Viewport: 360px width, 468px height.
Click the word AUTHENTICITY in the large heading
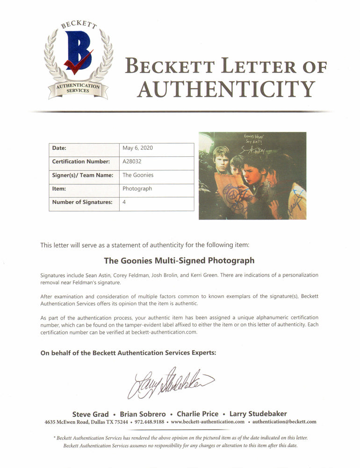coord(226,89)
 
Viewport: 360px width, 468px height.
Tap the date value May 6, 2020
coord(137,148)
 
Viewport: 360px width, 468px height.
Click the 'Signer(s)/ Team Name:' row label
coord(82,175)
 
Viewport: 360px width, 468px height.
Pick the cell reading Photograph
coord(137,189)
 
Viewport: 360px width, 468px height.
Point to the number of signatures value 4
coord(124,202)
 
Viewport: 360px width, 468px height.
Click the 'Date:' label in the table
coord(59,148)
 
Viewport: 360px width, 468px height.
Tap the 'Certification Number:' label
coord(81,161)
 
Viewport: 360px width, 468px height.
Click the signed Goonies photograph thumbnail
coord(252,175)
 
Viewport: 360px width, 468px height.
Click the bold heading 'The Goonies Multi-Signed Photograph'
coord(179,260)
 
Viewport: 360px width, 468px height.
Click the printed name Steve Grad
coord(90,414)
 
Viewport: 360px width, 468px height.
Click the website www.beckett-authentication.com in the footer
coord(208,422)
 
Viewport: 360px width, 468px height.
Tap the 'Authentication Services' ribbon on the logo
coord(78,88)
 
